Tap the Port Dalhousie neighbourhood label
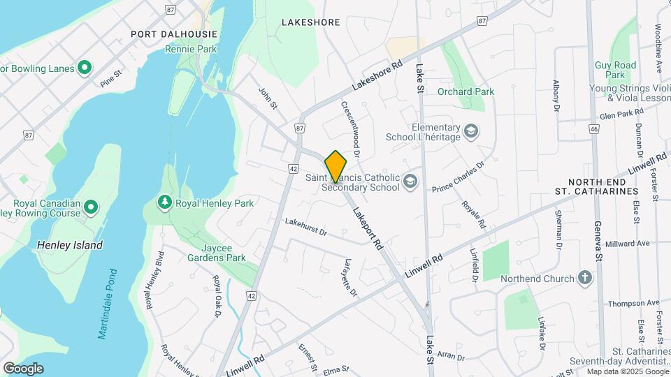(174, 34)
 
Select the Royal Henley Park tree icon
(165, 202)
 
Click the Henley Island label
(69, 245)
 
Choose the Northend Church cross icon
(585, 279)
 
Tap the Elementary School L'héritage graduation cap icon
(472, 132)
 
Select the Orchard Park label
(466, 91)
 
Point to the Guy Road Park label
(615, 70)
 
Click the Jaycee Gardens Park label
(216, 252)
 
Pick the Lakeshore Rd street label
(378, 73)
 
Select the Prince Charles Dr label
(458, 177)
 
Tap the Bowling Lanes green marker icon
(85, 68)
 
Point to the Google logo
(23, 368)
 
